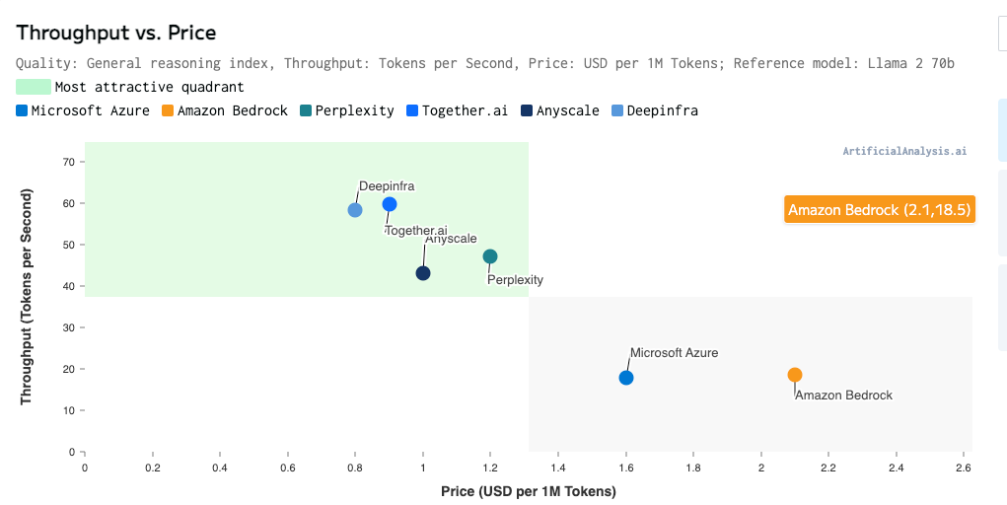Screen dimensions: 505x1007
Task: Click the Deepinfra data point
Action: coord(355,210)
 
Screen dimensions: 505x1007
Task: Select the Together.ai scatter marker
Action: coord(390,204)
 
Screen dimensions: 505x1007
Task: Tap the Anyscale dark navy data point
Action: coord(423,273)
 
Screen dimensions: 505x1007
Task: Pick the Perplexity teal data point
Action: coord(490,256)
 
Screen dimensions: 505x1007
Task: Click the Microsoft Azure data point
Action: coord(626,378)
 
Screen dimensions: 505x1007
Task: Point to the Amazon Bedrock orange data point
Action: coord(795,375)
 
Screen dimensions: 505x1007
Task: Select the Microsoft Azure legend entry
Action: coord(83,110)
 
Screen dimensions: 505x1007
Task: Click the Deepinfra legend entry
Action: coord(654,110)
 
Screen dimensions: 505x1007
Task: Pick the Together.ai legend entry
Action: coord(456,110)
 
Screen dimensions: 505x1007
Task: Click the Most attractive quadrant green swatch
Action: coord(34,87)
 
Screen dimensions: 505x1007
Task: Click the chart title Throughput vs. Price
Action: coord(116,33)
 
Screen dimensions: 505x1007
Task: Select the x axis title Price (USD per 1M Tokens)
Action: coord(529,491)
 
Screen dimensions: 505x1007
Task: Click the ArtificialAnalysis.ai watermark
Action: coord(904,152)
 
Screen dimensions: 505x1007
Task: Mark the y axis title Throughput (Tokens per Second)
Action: coord(27,297)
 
